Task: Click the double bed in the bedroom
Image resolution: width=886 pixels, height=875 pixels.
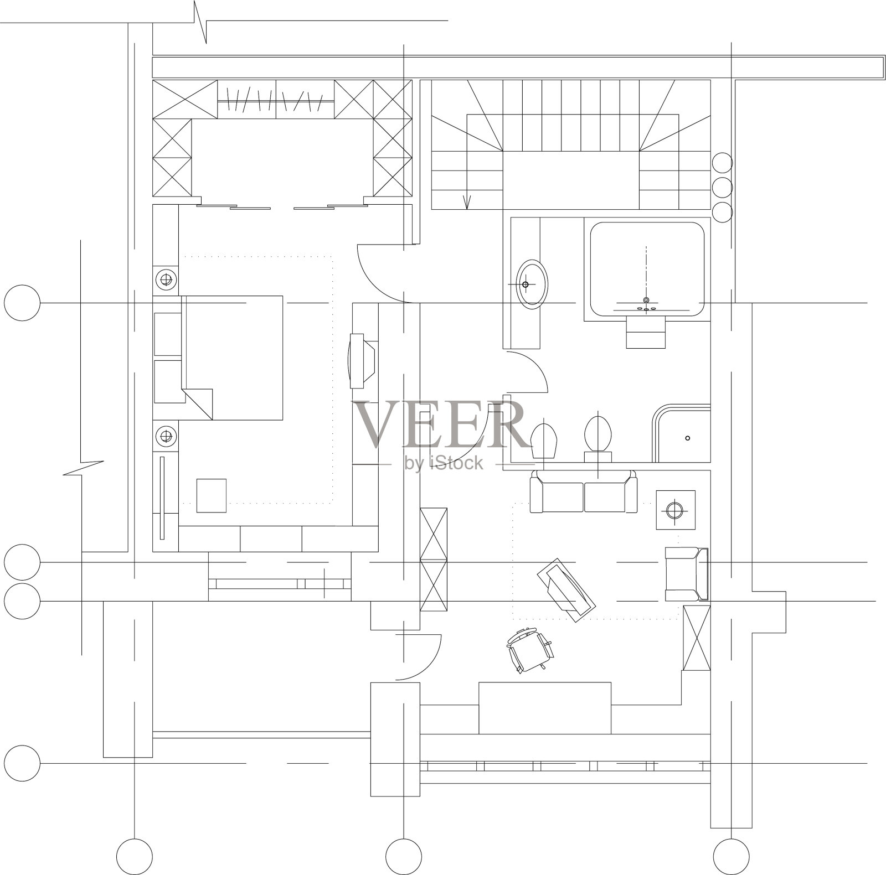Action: pyautogui.click(x=233, y=358)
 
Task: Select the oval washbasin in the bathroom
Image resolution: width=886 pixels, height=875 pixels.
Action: pyautogui.click(x=532, y=283)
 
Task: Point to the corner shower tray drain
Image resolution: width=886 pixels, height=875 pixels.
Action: pyautogui.click(x=688, y=438)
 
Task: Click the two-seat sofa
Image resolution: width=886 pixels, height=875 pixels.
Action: pyautogui.click(x=583, y=491)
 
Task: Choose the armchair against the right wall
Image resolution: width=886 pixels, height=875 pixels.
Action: pyautogui.click(x=687, y=574)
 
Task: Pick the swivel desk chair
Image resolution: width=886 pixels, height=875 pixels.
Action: pyautogui.click(x=530, y=649)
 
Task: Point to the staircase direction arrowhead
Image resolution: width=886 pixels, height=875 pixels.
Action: pyautogui.click(x=467, y=204)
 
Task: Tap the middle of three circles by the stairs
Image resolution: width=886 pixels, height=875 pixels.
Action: pyautogui.click(x=722, y=187)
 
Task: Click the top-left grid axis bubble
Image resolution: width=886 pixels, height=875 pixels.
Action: pyautogui.click(x=22, y=303)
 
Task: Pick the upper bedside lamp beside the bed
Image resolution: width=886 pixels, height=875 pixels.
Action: pyautogui.click(x=165, y=279)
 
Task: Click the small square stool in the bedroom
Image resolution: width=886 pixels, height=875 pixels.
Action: pyautogui.click(x=212, y=495)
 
